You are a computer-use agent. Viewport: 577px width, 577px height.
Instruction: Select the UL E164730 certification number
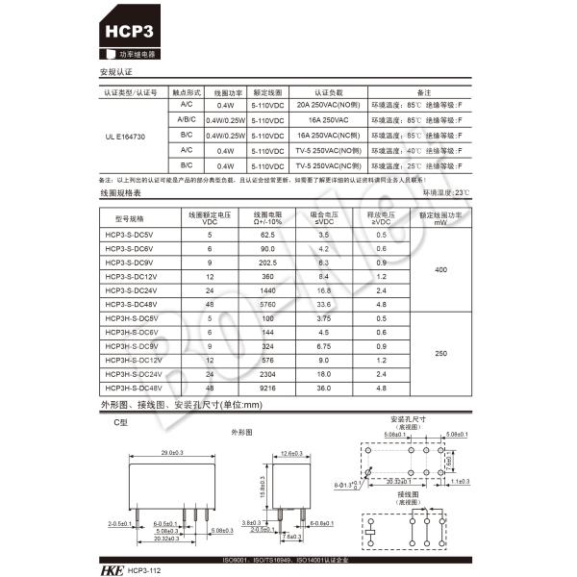(x=125, y=138)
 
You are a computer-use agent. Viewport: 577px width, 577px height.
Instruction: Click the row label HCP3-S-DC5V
(x=128, y=235)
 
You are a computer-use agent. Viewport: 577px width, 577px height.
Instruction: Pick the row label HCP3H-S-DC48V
(x=132, y=388)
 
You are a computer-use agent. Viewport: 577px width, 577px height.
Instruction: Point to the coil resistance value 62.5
(x=267, y=235)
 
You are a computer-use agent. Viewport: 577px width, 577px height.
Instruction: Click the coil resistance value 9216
(x=267, y=388)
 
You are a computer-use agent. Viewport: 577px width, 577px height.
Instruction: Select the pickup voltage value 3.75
(x=323, y=318)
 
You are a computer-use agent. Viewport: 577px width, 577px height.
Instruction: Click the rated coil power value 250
(x=440, y=353)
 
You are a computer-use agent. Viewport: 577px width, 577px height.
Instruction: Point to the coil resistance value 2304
(x=267, y=373)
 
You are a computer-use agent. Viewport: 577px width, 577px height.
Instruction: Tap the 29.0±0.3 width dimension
(x=173, y=452)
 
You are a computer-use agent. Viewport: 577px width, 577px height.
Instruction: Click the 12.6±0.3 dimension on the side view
(x=291, y=452)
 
